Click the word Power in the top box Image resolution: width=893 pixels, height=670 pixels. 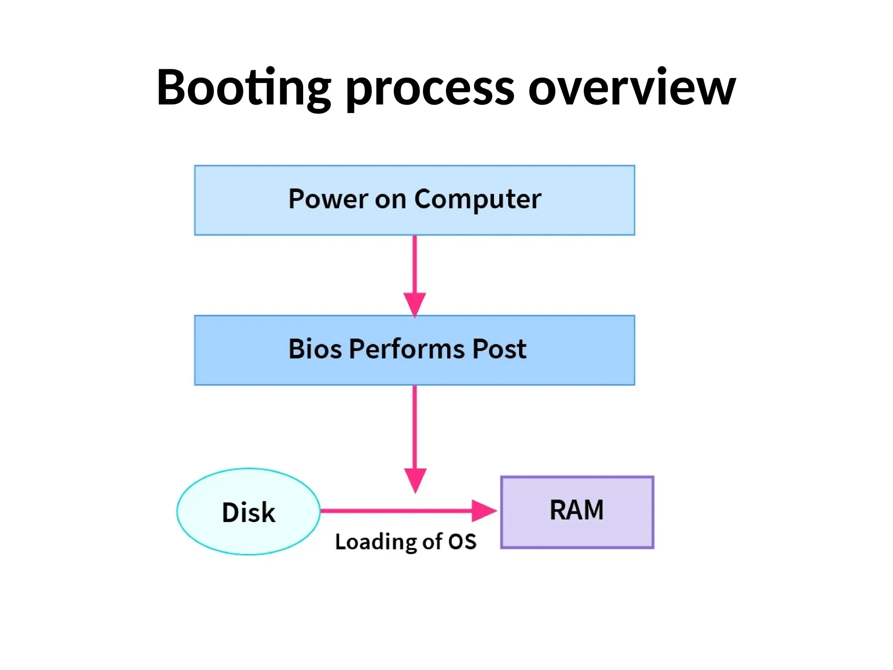pos(328,199)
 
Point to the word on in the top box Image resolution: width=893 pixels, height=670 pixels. pos(390,200)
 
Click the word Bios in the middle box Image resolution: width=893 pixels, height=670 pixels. pos(315,349)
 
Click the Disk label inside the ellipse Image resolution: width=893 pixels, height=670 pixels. pos(249,512)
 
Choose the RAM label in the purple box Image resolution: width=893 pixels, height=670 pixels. pos(576,510)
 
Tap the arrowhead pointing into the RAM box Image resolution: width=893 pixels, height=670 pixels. pos(483,511)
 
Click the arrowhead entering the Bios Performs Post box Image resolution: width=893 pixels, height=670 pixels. pos(415,304)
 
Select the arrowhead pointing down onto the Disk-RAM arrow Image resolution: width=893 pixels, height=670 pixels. pos(415,479)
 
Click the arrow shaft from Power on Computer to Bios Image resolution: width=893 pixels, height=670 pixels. pos(415,264)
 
